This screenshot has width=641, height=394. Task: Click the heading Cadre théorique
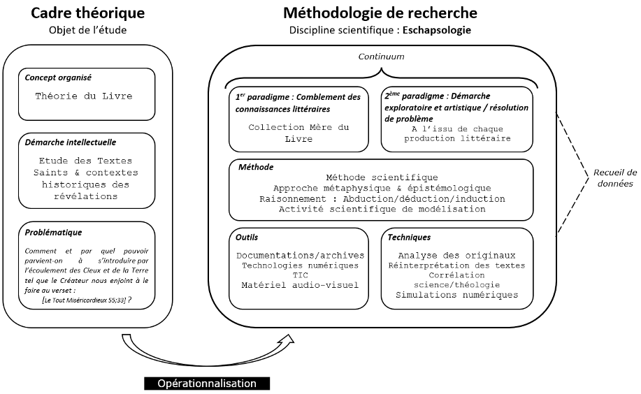(x=87, y=13)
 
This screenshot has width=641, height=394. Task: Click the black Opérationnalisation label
(x=206, y=384)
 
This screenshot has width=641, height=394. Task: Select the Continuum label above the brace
(x=381, y=57)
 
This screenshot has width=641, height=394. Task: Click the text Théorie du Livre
(x=83, y=96)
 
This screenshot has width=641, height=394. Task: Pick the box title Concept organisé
(x=58, y=77)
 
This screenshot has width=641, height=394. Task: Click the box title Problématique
(x=53, y=232)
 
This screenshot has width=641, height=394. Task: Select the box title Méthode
(x=256, y=168)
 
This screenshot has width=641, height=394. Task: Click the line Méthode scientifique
(x=382, y=177)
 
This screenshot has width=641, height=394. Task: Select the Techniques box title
(x=409, y=237)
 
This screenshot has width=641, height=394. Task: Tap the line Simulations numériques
(x=456, y=295)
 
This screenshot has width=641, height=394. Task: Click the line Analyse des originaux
(x=456, y=256)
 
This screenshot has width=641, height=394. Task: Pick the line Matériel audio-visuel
(x=299, y=285)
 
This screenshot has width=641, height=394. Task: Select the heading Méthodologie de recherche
(x=380, y=13)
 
